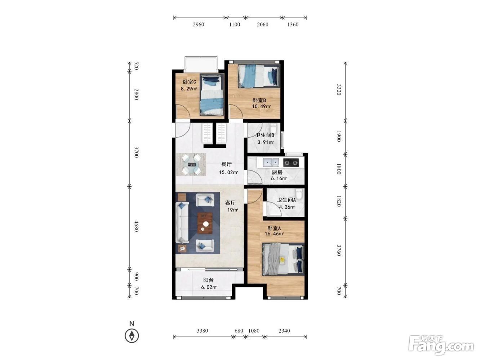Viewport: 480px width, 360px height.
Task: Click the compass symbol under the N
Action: coord(132,335)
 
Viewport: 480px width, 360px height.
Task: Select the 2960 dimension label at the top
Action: coord(198,25)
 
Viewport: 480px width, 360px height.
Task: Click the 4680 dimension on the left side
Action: coord(136,226)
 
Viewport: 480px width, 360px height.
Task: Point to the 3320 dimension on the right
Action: coord(338,90)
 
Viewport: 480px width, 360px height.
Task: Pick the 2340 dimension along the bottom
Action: coord(284,331)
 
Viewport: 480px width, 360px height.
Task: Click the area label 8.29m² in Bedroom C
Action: coord(189,89)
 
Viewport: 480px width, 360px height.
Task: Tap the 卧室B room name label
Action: coord(259,100)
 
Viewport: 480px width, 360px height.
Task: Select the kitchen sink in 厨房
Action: coord(271,163)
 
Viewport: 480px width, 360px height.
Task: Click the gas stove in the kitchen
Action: coord(291,163)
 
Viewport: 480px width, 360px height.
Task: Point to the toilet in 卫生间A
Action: coord(299,194)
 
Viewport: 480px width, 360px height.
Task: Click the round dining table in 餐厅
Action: coord(192,164)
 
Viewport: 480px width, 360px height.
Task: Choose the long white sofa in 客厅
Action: coord(182,222)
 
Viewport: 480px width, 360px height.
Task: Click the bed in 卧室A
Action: coord(283,259)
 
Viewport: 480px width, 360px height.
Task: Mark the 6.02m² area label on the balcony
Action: coord(209,287)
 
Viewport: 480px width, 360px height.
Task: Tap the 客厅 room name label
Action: coord(230,203)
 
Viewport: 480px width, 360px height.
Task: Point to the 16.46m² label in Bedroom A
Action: coord(274,234)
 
